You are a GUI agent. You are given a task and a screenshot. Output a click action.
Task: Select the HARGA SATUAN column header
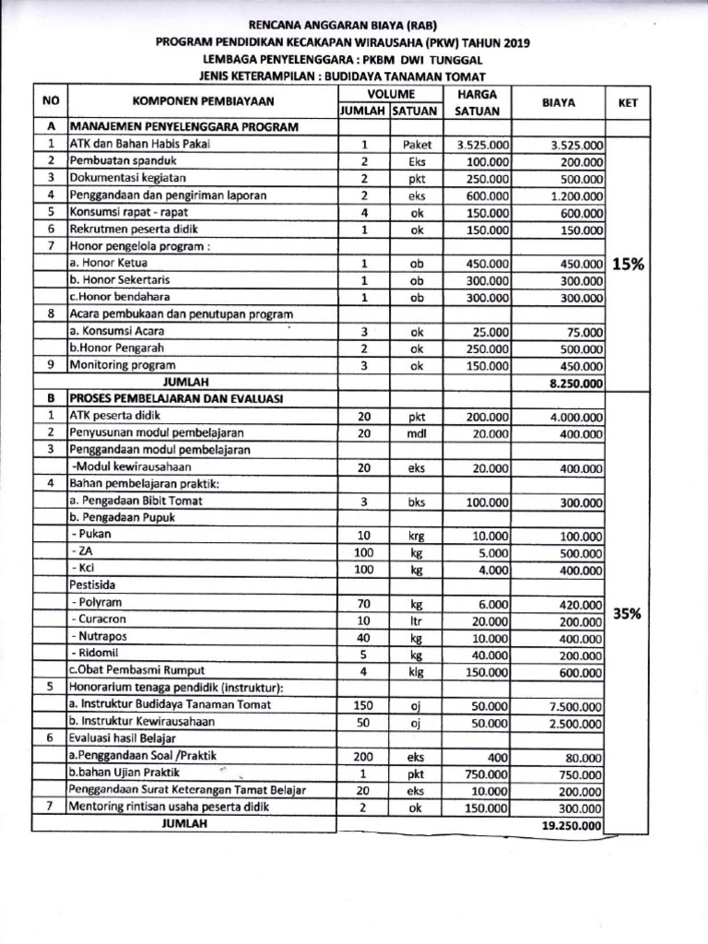[477, 102]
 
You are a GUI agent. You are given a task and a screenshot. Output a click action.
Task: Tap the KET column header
[628, 103]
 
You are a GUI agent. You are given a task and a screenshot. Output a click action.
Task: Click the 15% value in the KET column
[628, 264]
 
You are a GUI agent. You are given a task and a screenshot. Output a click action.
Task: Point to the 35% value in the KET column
[628, 613]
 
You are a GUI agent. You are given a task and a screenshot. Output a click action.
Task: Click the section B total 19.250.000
[572, 825]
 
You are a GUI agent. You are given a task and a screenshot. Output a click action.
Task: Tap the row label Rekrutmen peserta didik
[134, 230]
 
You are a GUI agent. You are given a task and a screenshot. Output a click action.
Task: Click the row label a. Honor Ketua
[106, 264]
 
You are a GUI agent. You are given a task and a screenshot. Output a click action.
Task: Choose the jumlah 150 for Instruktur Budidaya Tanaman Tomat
[363, 706]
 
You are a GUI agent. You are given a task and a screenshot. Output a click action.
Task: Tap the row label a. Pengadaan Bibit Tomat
[136, 501]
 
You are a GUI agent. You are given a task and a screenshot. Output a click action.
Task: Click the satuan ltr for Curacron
[416, 621]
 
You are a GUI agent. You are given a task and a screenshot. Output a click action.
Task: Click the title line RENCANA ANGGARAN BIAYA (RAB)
[354, 26]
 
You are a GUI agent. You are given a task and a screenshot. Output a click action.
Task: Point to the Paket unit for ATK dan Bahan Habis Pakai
[417, 145]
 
